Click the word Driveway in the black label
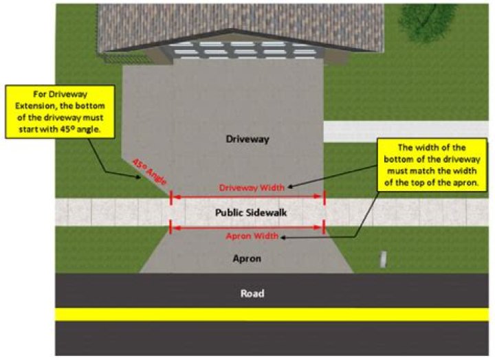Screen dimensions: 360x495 (x=247, y=139)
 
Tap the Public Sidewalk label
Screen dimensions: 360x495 (x=247, y=212)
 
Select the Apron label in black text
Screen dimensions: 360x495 (x=247, y=259)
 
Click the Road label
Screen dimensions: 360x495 (x=252, y=293)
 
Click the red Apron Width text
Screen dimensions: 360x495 (x=252, y=236)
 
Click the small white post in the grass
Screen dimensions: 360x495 (x=384, y=259)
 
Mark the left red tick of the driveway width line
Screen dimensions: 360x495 (x=170, y=196)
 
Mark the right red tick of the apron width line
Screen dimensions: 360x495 (x=324, y=227)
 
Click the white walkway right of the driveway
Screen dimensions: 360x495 (x=406, y=131)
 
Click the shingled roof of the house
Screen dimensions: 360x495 (x=206, y=21)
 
